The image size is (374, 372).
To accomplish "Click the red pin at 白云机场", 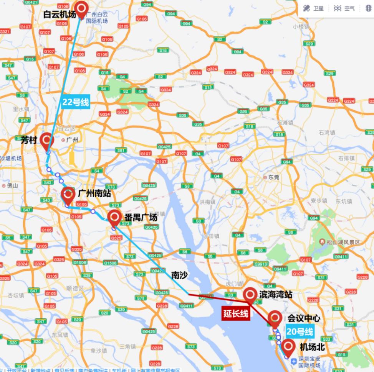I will [81, 8].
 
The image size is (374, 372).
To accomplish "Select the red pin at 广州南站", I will [68, 195].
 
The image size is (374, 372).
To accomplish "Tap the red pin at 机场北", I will [288, 347].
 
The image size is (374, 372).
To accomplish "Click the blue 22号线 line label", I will [76, 102].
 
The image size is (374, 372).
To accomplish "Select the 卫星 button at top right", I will [313, 8].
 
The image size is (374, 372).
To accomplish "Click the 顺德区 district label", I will [74, 288].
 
